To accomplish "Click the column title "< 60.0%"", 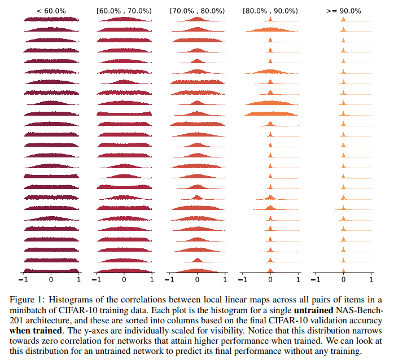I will click(51, 10).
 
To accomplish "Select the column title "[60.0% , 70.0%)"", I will click(124, 10).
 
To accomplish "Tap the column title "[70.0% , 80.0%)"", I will click(197, 10).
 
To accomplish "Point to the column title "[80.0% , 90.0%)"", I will click(270, 10).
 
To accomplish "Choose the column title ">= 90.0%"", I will click(343, 10).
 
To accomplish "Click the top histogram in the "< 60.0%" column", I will click(51, 20).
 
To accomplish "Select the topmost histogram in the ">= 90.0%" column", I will click(343, 19).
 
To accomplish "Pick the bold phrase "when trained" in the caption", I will click(34, 330).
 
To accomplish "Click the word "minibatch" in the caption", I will click(27, 309).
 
